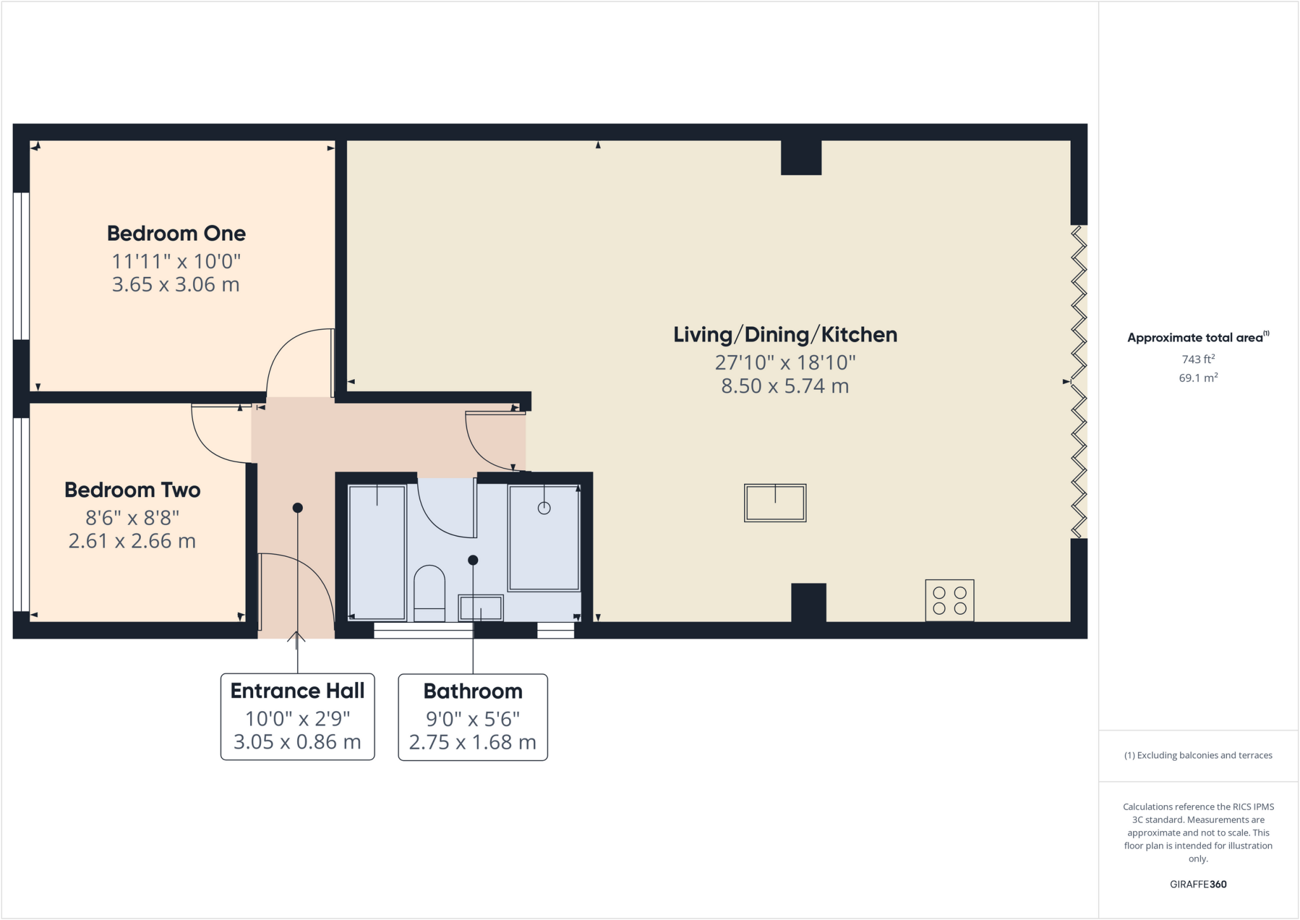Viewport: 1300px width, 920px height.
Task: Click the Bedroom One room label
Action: [176, 234]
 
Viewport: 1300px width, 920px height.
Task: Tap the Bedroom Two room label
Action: [132, 490]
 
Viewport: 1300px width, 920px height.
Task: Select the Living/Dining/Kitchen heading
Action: [785, 335]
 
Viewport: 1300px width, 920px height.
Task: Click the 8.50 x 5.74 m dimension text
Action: [785, 386]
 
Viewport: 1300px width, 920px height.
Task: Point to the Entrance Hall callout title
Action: [297, 691]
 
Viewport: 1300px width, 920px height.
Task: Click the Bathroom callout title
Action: [473, 691]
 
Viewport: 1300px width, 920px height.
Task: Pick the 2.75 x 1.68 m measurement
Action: [472, 742]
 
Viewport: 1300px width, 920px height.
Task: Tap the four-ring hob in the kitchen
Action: [949, 601]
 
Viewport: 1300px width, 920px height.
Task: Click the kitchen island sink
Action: [775, 503]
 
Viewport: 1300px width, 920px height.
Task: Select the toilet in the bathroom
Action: [429, 593]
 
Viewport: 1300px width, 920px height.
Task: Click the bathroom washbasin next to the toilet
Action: [481, 608]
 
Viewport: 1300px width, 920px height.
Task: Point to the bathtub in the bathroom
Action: [377, 552]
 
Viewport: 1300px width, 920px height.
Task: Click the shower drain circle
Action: [544, 508]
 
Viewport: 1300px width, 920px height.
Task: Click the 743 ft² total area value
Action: [1198, 359]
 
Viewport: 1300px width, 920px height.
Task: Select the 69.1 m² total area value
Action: [1198, 378]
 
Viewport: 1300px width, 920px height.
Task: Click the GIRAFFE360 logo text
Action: [1198, 884]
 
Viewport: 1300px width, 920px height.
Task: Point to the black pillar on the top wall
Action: [801, 157]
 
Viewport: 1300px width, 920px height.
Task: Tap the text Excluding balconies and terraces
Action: [1198, 756]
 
